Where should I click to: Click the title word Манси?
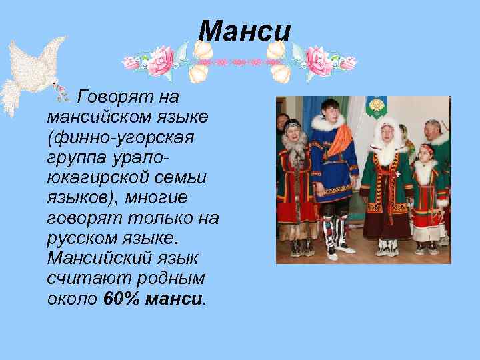click(x=245, y=31)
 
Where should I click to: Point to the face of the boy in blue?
click(x=331, y=109)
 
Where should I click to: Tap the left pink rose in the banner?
click(x=160, y=61)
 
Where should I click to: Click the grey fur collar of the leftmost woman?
click(x=293, y=143)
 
